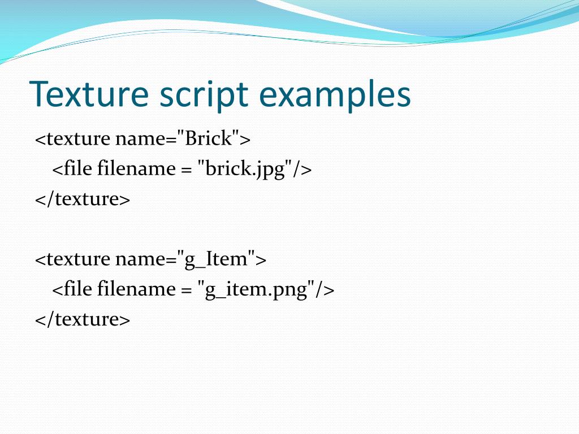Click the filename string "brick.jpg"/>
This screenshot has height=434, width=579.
(254, 169)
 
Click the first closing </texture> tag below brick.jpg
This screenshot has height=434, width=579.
(83, 199)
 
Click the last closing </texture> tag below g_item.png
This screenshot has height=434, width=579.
(83, 320)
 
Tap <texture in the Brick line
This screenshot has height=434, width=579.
(72, 138)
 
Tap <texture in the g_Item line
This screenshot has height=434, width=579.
(72, 259)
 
